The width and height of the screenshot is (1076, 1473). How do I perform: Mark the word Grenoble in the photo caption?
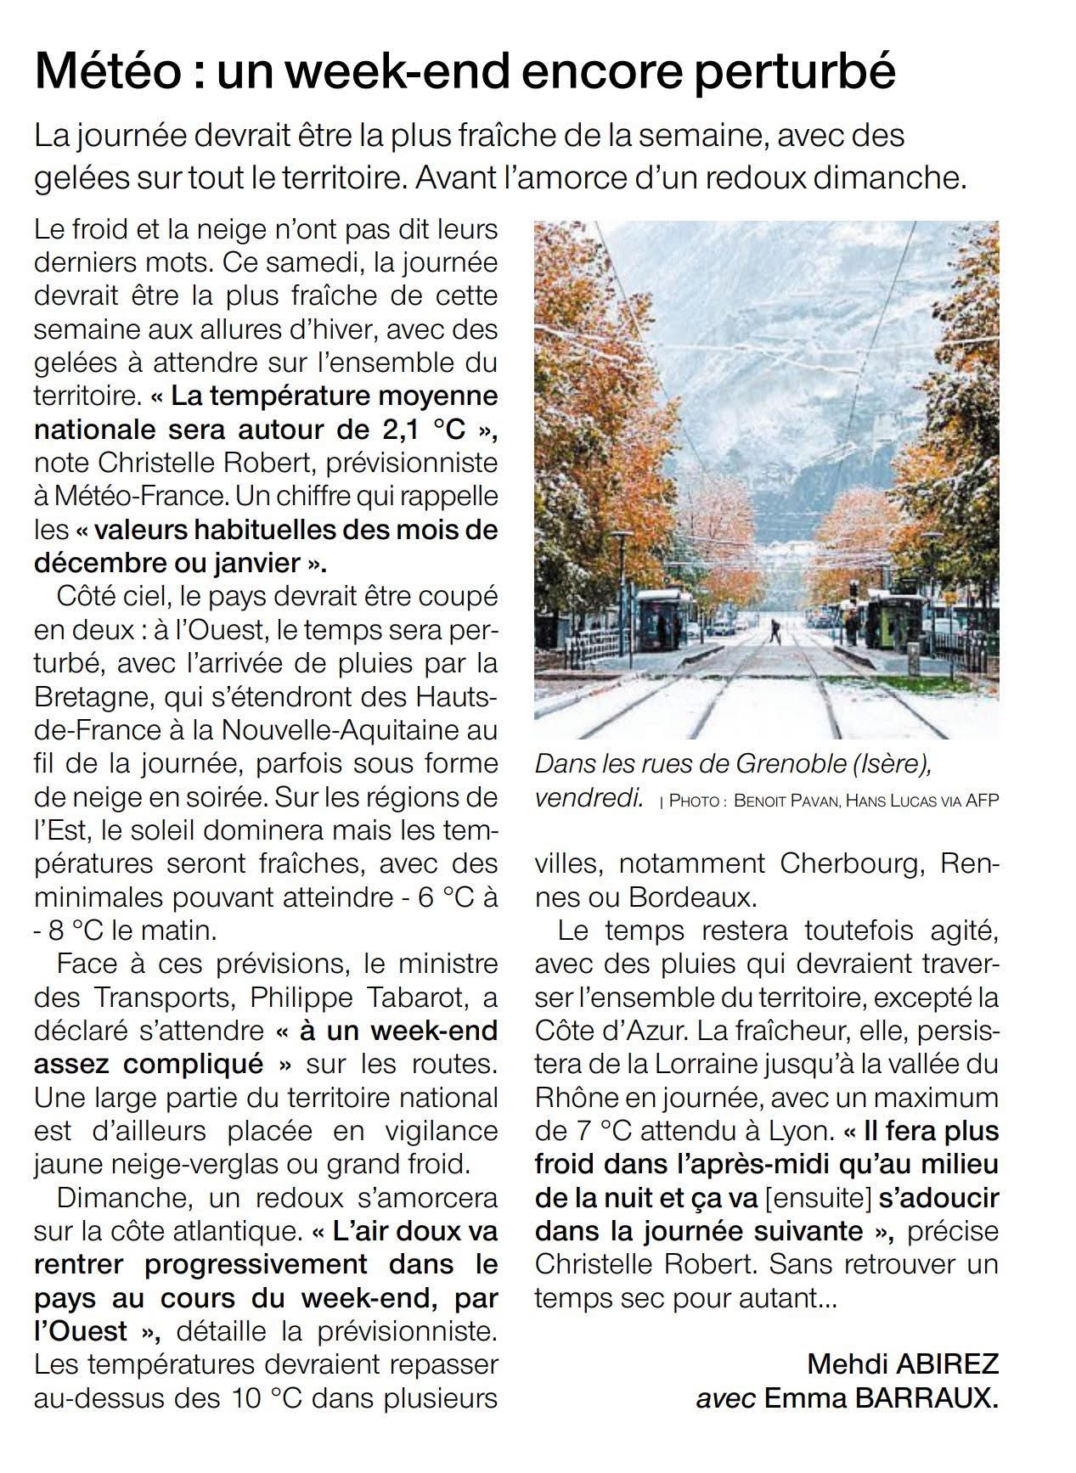click(x=794, y=764)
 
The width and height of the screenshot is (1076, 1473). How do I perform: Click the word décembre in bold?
click(x=99, y=563)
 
